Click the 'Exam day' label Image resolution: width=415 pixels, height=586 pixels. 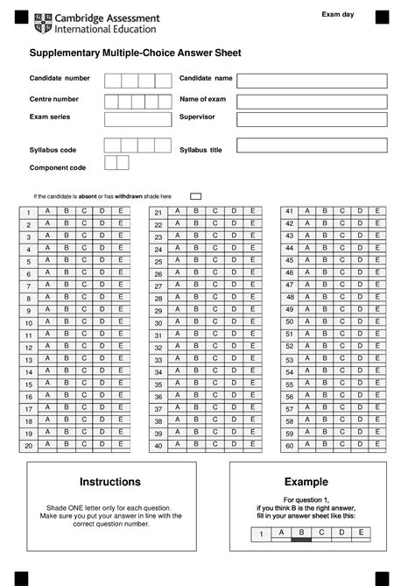coord(338,15)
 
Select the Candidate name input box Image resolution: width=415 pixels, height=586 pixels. coord(312,81)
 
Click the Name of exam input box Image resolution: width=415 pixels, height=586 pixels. coord(312,101)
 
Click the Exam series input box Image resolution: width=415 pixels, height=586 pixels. coord(138,119)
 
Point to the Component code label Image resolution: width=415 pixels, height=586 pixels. coord(58,167)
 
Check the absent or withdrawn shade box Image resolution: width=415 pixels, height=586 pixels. coord(196,196)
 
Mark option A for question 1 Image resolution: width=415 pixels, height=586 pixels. coord(46,211)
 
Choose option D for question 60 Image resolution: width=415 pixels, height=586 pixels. coord(359,444)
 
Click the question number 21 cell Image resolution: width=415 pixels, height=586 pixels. coord(158,213)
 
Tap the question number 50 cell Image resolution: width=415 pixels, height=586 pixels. coord(289,322)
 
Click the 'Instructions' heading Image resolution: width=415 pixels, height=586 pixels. coord(110,482)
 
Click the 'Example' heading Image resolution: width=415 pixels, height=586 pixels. coord(306,482)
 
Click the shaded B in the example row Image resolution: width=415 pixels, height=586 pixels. coord(300,533)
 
